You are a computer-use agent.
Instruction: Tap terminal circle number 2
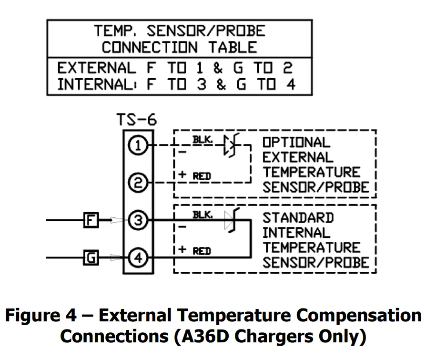point(138,183)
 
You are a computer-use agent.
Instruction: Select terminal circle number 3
point(138,221)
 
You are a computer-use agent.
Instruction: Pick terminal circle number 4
point(138,258)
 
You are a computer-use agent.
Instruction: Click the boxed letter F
point(91,221)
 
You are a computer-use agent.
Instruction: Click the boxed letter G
point(91,258)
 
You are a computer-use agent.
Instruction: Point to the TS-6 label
point(137,120)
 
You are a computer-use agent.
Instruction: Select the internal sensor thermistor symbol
point(232,222)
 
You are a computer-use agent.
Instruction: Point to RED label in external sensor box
point(202,176)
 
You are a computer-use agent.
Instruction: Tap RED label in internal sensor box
point(202,251)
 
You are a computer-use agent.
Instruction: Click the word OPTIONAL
point(296,143)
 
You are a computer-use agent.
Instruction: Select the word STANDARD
point(298,218)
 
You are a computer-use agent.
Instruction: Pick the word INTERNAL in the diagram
point(296,233)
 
